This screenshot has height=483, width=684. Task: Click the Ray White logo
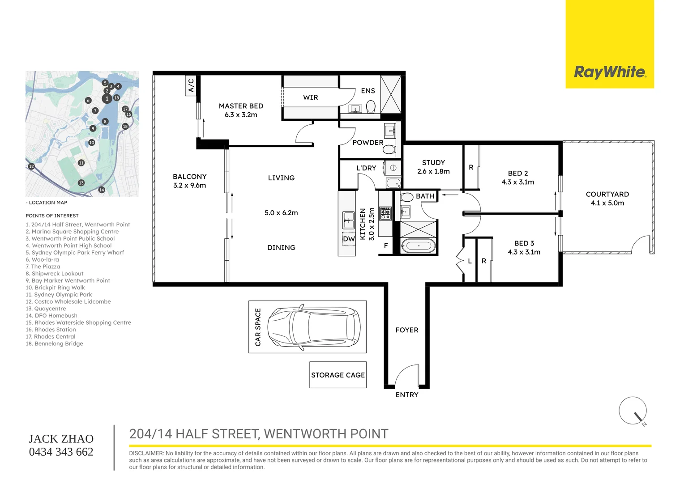click(x=610, y=72)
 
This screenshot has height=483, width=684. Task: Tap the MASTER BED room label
click(x=241, y=106)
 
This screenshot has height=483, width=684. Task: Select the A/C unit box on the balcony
click(x=191, y=85)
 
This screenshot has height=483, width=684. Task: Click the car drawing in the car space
click(x=313, y=326)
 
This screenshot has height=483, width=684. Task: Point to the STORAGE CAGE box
click(x=338, y=375)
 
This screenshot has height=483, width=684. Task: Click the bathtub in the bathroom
click(x=418, y=246)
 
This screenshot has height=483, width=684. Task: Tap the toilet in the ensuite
click(x=371, y=107)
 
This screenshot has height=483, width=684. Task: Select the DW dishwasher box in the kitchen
click(x=349, y=239)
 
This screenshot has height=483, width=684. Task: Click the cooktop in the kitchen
click(x=385, y=213)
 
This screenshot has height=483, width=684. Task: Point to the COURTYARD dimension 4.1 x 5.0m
click(x=607, y=203)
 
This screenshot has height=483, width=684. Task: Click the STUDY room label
click(x=433, y=163)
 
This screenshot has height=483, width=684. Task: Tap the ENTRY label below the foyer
click(x=407, y=395)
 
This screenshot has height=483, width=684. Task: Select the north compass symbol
click(x=633, y=411)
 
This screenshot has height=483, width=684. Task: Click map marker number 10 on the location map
click(x=92, y=143)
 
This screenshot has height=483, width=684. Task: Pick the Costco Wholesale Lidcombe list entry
click(x=68, y=301)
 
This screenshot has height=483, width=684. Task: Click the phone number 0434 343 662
click(x=61, y=452)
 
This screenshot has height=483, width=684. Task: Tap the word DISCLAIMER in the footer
click(x=146, y=453)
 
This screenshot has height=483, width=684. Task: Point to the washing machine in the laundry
click(x=393, y=168)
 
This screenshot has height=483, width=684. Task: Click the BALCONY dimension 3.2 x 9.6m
click(x=189, y=186)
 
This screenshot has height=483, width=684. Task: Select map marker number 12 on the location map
click(x=31, y=166)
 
